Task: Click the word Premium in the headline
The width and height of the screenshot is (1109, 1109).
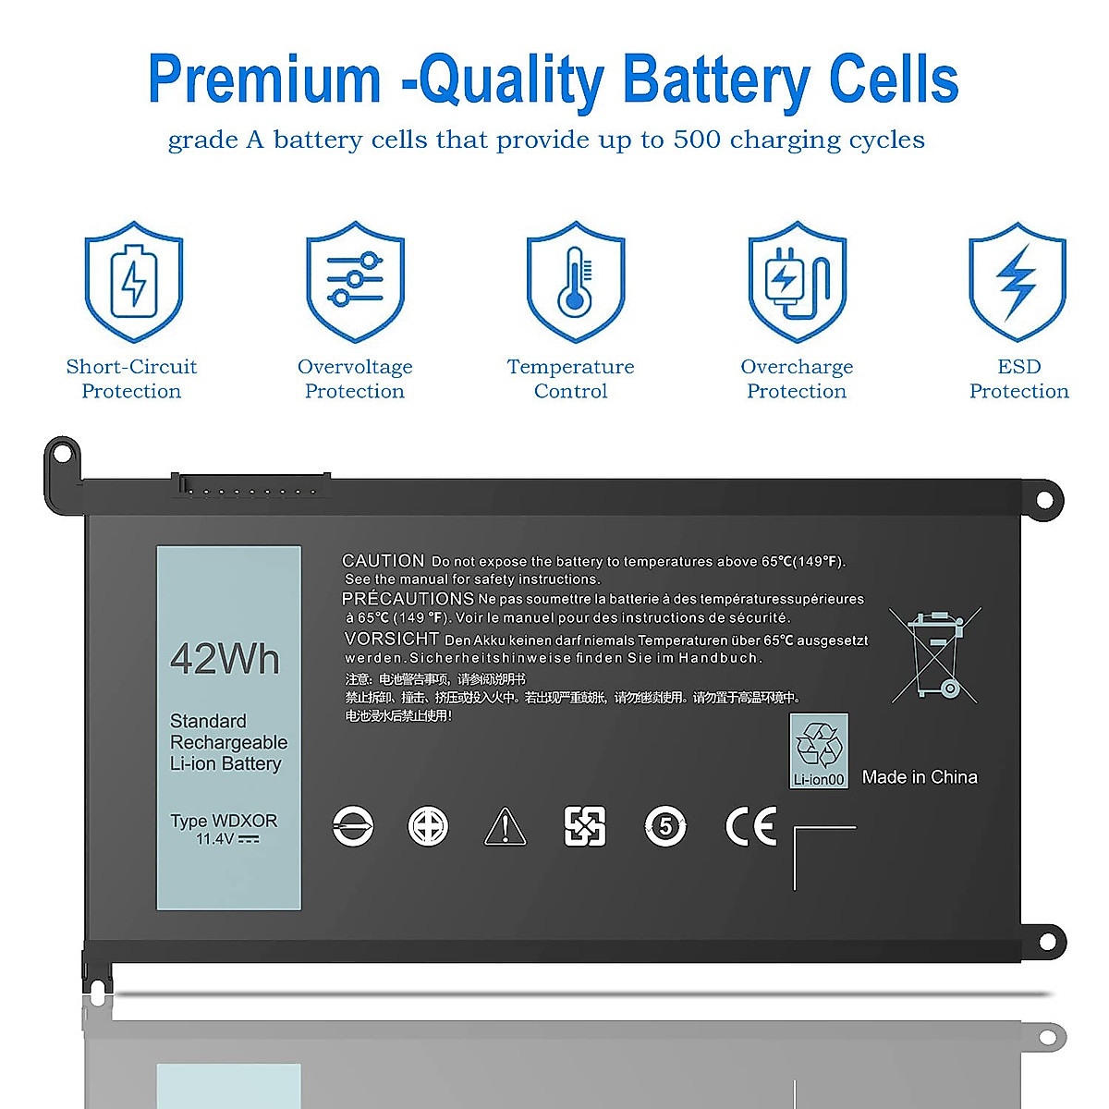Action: point(264,79)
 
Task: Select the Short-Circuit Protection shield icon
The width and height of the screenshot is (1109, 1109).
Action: point(134,281)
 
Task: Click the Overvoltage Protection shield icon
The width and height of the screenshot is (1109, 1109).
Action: point(355,281)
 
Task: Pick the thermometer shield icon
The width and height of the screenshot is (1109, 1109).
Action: point(575,281)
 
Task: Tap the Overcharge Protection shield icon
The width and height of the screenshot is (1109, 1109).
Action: point(797,281)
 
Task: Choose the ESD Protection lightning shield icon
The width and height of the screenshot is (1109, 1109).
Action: point(1018,281)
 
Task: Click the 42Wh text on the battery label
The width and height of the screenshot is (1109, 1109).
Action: point(225,659)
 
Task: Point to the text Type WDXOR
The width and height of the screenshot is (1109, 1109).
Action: point(224,821)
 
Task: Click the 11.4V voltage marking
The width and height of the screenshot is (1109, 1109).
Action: point(216,839)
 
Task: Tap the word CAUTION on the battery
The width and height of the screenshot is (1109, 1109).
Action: point(383,561)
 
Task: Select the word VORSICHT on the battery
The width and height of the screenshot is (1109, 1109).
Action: point(391,639)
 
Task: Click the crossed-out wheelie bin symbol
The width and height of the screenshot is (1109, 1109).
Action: point(935,655)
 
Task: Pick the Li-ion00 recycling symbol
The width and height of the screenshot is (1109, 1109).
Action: point(819,749)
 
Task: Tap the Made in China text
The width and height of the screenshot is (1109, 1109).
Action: point(920,777)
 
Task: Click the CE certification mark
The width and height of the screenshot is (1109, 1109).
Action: point(750,826)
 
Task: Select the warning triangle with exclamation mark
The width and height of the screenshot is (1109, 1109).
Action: point(505,826)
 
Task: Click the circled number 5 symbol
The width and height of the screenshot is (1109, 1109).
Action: point(665,826)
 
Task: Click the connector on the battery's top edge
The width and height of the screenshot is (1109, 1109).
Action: point(250,484)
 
